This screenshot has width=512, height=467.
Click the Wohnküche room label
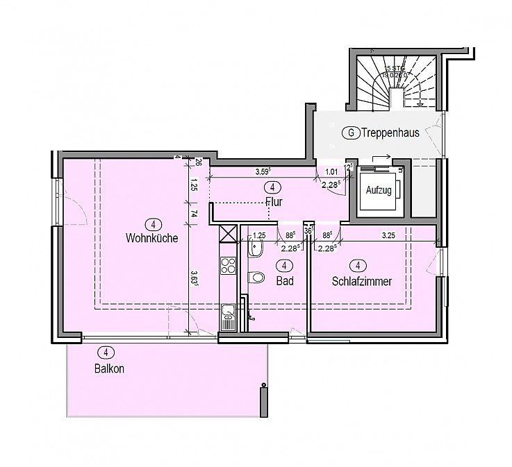152,238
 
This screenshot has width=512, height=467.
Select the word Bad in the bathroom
284,282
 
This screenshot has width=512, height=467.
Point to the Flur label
274,203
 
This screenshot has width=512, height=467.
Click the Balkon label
109,369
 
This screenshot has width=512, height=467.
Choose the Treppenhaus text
390,133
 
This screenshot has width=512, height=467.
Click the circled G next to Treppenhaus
352,133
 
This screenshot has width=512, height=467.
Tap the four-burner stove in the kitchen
228,264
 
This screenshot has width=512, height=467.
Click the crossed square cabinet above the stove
228,234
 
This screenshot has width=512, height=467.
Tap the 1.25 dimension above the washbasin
260,236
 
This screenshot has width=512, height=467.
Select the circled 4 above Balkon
105,352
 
